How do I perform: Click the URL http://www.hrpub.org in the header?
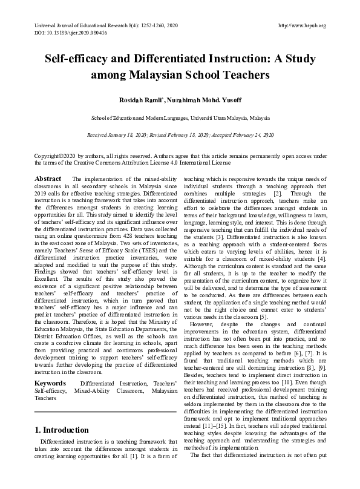click(301, 25)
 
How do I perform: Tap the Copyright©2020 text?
click(57, 156)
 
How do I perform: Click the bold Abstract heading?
click(48, 179)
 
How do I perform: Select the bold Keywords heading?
click(50, 367)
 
